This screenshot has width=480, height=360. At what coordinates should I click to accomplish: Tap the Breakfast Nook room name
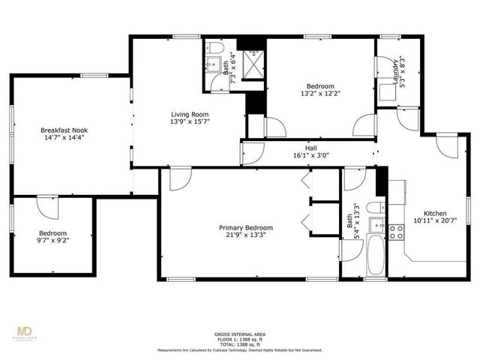[x=62, y=130]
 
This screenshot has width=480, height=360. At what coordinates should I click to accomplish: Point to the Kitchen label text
[x=435, y=213]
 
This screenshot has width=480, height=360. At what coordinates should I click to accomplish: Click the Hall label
[x=310, y=148]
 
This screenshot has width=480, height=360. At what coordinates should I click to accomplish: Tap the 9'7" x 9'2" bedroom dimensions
[x=53, y=241]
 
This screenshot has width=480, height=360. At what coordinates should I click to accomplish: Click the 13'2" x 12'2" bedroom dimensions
[x=319, y=94]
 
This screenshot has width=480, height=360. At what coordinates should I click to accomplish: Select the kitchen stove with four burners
[x=396, y=230]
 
